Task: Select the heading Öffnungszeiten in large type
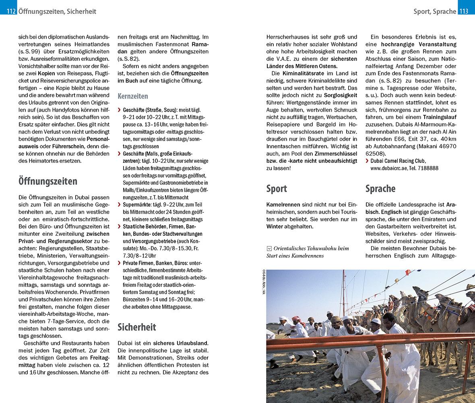pos(48,181)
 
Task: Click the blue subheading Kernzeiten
pos(132,96)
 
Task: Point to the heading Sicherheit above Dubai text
pos(136,327)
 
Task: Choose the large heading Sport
pos(277,188)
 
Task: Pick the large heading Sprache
pos(380,188)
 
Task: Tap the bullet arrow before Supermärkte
pos(119,205)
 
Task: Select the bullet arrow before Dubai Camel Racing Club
pos(367,161)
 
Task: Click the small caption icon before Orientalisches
pos(269,248)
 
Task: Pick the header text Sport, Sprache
pos(434,11)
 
